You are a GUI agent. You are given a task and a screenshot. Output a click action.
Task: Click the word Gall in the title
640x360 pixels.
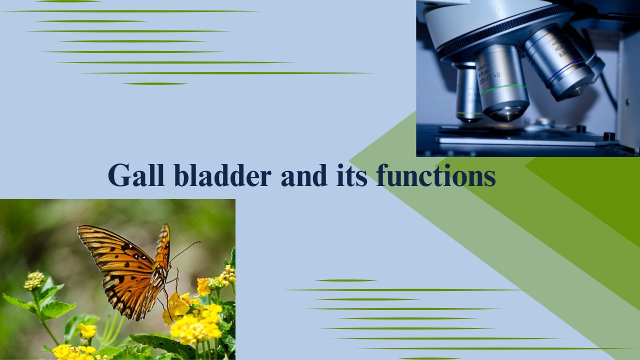click(x=136, y=175)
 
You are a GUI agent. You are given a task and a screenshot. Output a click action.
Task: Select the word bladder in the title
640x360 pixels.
click(x=222, y=175)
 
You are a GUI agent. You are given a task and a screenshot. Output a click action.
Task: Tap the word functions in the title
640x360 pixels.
click(x=436, y=175)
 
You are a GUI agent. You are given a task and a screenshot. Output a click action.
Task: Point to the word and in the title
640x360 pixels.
click(x=304, y=175)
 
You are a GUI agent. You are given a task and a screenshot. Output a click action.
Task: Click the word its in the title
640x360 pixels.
click(x=351, y=175)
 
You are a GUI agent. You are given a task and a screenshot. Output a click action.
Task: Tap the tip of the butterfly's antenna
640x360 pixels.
click(x=199, y=242)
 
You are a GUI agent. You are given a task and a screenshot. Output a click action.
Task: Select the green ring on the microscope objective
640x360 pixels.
click(x=503, y=89)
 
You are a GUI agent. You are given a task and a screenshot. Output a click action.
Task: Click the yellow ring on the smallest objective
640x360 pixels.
click(x=469, y=113)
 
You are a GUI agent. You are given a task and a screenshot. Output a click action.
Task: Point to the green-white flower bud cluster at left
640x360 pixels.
click(x=34, y=280)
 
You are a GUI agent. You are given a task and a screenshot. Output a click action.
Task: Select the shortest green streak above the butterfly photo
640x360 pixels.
click(x=155, y=83)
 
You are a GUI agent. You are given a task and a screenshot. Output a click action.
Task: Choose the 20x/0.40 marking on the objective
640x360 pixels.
click(x=490, y=78)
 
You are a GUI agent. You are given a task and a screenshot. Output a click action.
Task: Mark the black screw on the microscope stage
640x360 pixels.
click(x=609, y=136)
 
